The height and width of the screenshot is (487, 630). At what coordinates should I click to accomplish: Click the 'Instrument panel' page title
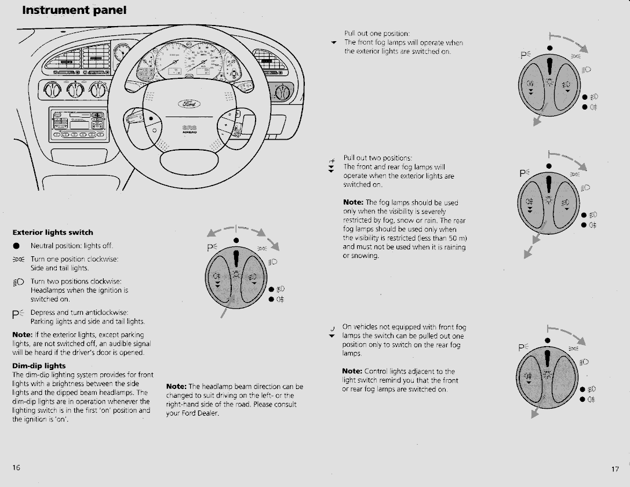pos(74,10)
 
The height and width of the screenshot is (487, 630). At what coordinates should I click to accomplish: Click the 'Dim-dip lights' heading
pos(39,366)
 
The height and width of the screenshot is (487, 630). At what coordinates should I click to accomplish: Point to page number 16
pos(16,467)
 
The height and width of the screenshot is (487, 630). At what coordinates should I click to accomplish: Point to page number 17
pos(615,468)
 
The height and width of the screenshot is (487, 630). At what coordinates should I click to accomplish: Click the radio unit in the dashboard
pos(79,123)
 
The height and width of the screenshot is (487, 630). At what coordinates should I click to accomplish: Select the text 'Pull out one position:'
pos(377,32)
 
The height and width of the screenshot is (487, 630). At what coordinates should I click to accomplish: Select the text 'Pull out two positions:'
pos(378,158)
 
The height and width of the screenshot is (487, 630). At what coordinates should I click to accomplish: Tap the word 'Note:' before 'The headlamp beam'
pos(177,387)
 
